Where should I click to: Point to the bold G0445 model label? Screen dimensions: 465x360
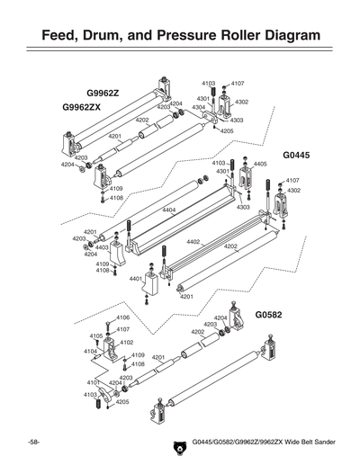click(x=296, y=155)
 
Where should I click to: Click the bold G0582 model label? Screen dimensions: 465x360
click(x=269, y=316)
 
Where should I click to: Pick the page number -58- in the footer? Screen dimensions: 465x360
click(x=33, y=443)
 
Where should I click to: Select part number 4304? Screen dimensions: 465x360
click(x=198, y=107)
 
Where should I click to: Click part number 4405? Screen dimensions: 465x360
click(x=260, y=165)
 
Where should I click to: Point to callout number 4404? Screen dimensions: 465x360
click(x=168, y=210)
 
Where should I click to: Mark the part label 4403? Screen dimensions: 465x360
click(x=102, y=246)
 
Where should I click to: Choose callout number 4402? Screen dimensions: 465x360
click(x=193, y=241)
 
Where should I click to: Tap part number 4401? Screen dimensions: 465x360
click(x=136, y=279)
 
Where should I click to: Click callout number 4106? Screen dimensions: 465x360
click(x=123, y=317)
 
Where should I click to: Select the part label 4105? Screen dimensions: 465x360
click(x=95, y=335)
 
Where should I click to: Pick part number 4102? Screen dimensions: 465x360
click(x=127, y=342)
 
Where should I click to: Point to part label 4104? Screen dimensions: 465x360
click(x=91, y=352)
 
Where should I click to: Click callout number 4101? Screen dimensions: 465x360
click(x=93, y=383)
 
